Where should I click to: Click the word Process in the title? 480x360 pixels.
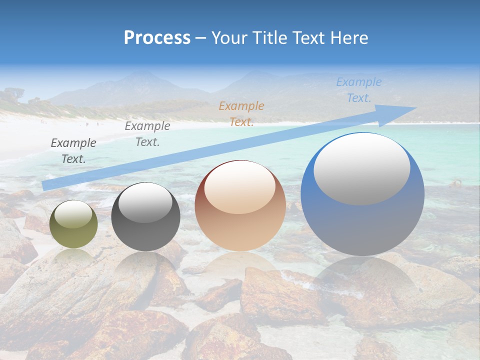[157, 38]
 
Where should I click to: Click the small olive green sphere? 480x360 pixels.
[73, 224]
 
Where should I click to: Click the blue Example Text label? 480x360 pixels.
[359, 90]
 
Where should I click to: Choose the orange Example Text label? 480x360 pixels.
[241, 113]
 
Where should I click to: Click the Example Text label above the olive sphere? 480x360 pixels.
[73, 150]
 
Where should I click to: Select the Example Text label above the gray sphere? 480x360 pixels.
[147, 134]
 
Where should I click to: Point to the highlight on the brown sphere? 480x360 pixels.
[240, 186]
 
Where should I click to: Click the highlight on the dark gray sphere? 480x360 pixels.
[145, 202]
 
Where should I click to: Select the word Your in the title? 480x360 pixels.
[227, 38]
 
